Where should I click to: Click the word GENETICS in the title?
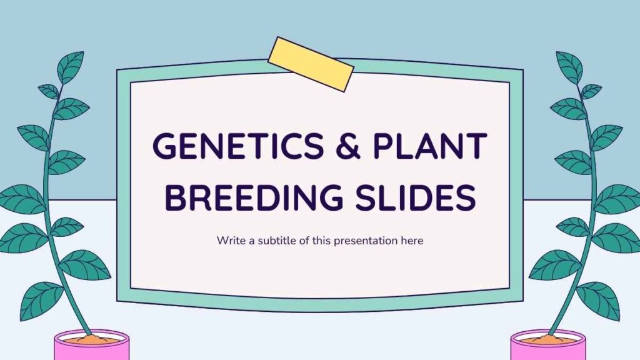[238, 146]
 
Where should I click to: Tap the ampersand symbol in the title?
[348, 146]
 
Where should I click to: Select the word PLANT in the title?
[430, 146]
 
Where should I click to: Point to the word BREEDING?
[253, 197]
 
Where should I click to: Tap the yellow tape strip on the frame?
[311, 64]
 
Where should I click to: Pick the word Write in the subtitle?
[231, 241]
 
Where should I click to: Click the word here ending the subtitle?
[412, 241]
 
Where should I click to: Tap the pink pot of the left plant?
[92, 346]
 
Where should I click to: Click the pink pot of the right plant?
[548, 346]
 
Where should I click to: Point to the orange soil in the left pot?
[92, 339]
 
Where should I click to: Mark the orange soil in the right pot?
[548, 339]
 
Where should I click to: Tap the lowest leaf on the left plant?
[41, 301]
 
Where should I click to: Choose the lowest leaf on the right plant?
[598, 301]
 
